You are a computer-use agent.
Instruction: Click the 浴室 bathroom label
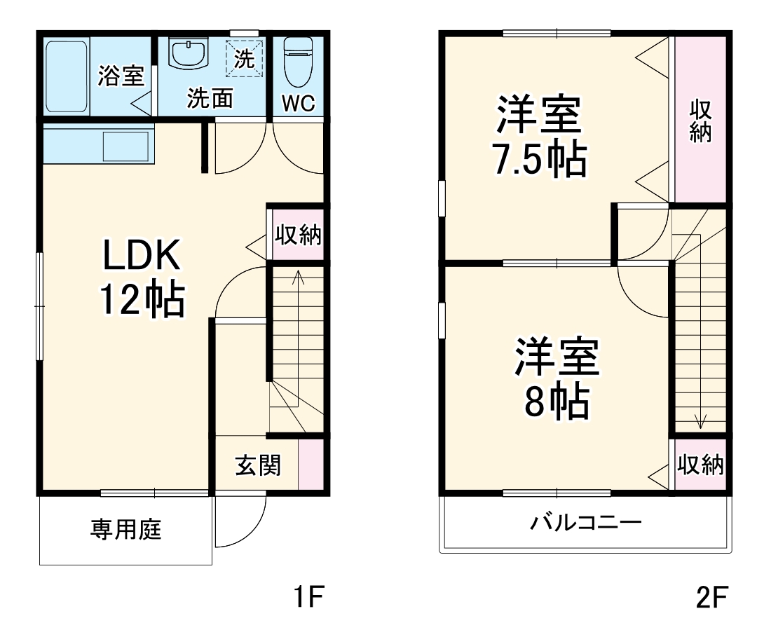(x=121, y=76)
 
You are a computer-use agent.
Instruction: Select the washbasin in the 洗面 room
(x=189, y=54)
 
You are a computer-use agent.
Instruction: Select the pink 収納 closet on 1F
(x=297, y=235)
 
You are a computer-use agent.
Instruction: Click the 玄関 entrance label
(x=258, y=465)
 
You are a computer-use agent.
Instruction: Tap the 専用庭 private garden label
(x=126, y=530)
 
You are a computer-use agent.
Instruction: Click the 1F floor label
(x=306, y=597)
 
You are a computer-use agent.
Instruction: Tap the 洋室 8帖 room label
(x=557, y=378)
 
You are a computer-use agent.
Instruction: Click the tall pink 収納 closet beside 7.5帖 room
(x=700, y=119)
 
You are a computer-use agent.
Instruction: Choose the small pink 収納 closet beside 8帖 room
(x=700, y=465)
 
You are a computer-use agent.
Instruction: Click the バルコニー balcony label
(x=585, y=523)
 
